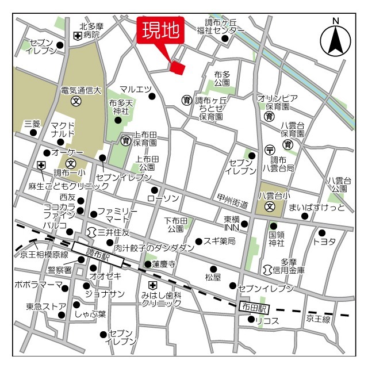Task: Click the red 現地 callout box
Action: (x=160, y=30)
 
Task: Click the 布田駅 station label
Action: (x=254, y=308)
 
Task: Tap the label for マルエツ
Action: (x=136, y=89)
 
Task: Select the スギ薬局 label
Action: (x=220, y=241)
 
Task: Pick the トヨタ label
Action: (x=324, y=241)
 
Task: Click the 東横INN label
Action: (x=232, y=223)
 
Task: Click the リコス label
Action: (x=267, y=321)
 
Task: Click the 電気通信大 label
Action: (x=81, y=90)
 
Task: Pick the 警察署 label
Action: (x=60, y=269)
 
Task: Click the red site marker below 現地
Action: (x=178, y=68)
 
